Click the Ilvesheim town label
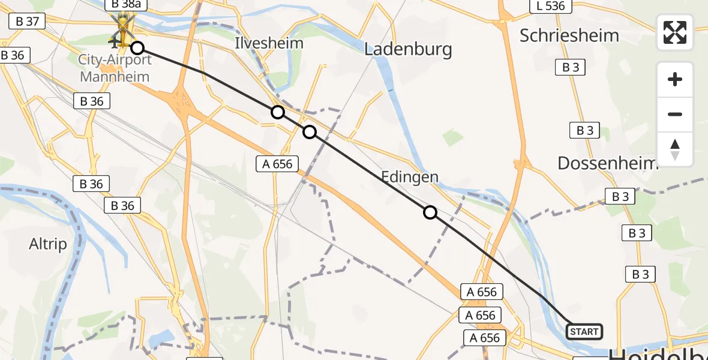[269, 43]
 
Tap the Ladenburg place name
[408, 49]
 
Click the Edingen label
[410, 177]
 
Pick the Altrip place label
[48, 244]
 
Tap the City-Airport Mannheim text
[115, 68]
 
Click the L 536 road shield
[550, 6]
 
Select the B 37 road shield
[28, 22]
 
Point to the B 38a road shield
[126, 5]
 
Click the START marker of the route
[584, 331]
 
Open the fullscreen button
[675, 32]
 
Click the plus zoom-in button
[675, 79]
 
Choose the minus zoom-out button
[675, 114]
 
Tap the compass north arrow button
[675, 149]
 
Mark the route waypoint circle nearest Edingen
[430, 212]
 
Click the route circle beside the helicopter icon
[137, 48]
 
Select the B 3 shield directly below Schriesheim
[571, 67]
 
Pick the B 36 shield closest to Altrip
[122, 206]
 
